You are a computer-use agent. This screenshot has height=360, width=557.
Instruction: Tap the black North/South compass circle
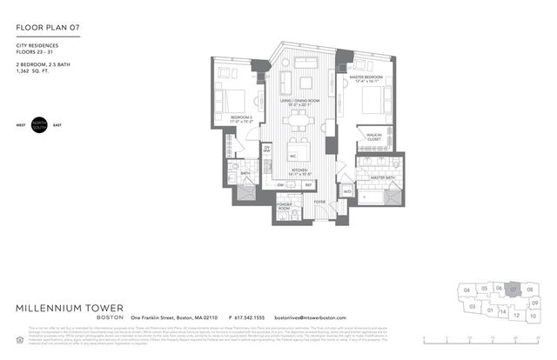40,123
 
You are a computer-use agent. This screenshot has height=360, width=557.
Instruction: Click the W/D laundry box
346,191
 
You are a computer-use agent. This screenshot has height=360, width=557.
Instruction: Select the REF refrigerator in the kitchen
308,184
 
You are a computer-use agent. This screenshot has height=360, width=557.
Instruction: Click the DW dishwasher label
280,184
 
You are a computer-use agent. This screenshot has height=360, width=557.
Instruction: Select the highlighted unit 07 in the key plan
514,288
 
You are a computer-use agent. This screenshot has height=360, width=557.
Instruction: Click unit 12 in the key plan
516,316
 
